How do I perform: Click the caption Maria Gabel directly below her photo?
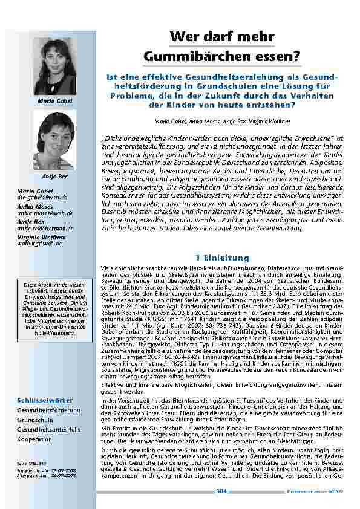(x=55, y=99)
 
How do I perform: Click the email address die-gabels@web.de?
(x=38, y=197)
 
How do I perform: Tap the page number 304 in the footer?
(x=221, y=491)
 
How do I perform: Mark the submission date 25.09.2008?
(x=61, y=468)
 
